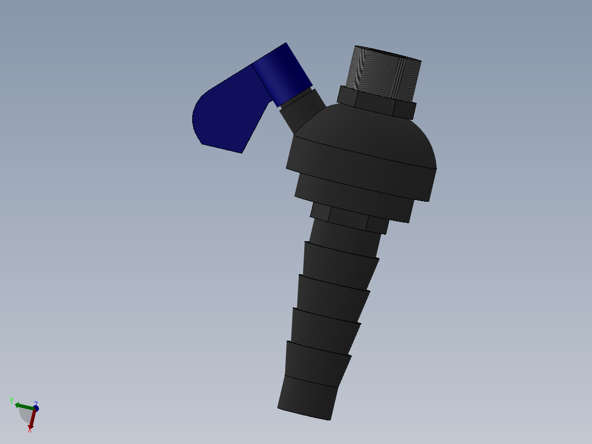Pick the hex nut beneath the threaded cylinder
(x=376, y=104)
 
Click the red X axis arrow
(x=32, y=420)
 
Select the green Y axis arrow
(x=23, y=406)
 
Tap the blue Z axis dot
(x=36, y=409)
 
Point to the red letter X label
(x=30, y=430)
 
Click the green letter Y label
(x=12, y=400)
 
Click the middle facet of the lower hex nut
(x=348, y=219)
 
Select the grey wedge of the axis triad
(x=25, y=415)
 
